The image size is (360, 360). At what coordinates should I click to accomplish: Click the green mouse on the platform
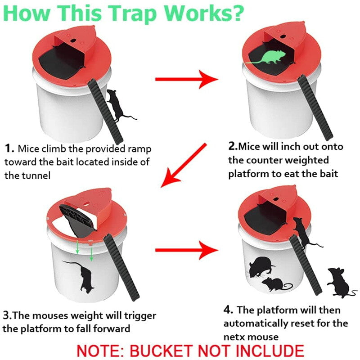tap(269, 58)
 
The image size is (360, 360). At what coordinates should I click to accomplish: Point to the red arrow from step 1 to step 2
tap(186, 79)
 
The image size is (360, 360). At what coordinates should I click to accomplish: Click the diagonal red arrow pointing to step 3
tap(184, 165)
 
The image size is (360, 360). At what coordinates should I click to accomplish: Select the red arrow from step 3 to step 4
tap(186, 250)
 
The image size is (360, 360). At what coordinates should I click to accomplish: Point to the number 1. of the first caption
tap(9, 148)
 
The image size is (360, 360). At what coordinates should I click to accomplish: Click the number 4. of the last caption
tap(229, 310)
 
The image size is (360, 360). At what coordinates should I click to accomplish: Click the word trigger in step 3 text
tap(140, 316)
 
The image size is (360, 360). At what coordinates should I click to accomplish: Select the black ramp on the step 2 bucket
tap(315, 108)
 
